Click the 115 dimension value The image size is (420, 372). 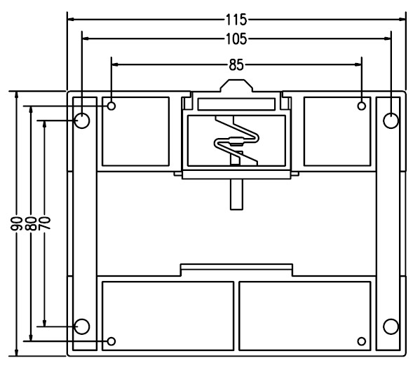click(x=236, y=20)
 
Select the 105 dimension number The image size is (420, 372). click(x=236, y=39)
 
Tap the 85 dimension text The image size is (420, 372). click(x=236, y=65)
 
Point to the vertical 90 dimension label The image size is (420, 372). click(x=16, y=223)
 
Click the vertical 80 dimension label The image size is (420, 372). click(x=31, y=223)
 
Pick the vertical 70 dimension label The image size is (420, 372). click(x=44, y=223)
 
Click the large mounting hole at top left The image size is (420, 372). click(x=82, y=120)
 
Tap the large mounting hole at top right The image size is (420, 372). click(x=391, y=120)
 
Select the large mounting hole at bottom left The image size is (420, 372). click(x=82, y=326)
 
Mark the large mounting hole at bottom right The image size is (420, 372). click(x=391, y=326)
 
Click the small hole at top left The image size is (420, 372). click(x=111, y=106)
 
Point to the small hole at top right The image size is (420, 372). click(x=362, y=106)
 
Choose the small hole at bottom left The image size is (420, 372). click(x=111, y=341)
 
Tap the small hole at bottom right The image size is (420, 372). click(x=362, y=341)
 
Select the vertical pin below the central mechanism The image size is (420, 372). click(x=236, y=194)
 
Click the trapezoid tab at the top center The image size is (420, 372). click(x=236, y=85)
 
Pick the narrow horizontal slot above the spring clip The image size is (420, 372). click(x=236, y=104)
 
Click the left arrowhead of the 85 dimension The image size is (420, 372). click(x=115, y=64)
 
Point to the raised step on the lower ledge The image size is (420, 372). click(x=236, y=267)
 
